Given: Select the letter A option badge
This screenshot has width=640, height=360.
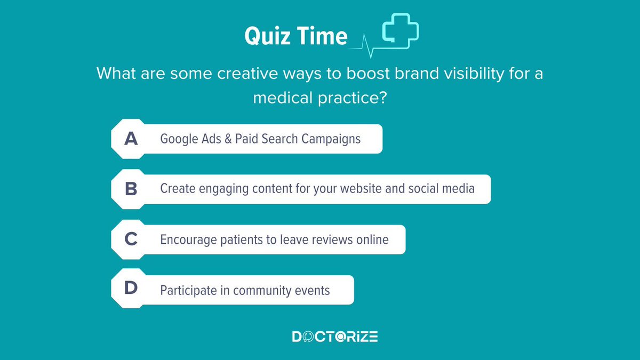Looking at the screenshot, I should [x=131, y=139].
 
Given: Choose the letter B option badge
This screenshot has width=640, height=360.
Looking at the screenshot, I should [x=131, y=189].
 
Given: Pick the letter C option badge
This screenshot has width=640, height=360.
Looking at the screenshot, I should [x=131, y=239].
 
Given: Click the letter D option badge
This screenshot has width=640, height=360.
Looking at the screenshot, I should [x=131, y=290].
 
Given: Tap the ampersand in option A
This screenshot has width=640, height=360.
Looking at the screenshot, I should [x=228, y=139].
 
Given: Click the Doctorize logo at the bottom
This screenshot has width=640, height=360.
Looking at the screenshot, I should [x=335, y=337].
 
